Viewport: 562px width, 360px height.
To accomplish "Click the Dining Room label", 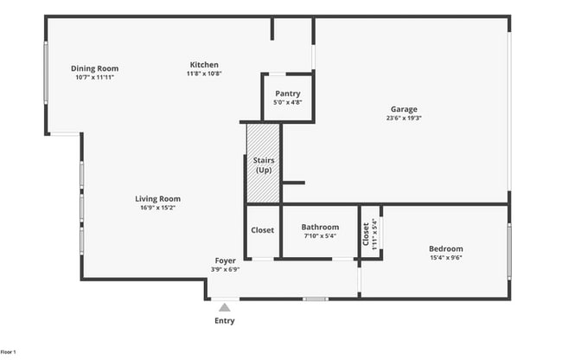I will point(94,68).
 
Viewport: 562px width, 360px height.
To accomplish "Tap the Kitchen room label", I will point(204,65).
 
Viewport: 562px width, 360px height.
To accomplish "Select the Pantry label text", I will point(287,93).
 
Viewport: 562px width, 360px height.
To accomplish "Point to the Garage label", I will point(403,109).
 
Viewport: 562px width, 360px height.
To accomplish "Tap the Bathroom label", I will point(320,227).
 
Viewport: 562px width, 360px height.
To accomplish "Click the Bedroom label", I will point(446,248).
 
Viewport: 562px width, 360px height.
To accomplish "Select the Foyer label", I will point(225,260).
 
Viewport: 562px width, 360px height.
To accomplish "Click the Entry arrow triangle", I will point(225,307).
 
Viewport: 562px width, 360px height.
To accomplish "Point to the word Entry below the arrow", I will point(225,320).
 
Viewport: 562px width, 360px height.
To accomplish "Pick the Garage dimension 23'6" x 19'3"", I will point(403,118).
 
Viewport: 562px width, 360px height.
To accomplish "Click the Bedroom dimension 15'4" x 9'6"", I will point(446,257).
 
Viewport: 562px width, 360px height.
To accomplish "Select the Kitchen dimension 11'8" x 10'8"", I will point(204,74).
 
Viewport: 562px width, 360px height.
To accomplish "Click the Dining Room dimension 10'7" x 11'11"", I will point(94,77).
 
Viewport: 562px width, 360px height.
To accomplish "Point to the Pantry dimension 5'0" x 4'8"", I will point(287,102).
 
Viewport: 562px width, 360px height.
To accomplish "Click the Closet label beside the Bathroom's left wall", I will point(262,230).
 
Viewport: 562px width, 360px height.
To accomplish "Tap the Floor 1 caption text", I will point(9,352).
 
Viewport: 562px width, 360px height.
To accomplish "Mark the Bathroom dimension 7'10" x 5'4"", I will point(320,235).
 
